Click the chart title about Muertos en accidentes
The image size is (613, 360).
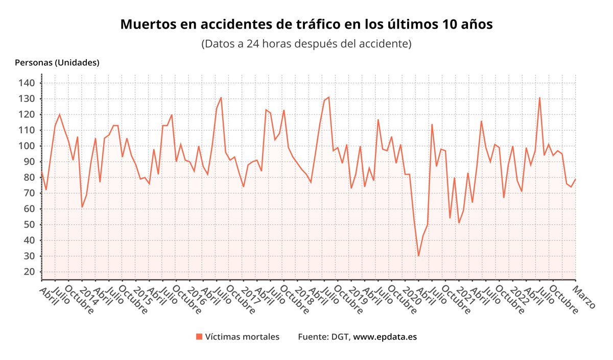coord(306,24)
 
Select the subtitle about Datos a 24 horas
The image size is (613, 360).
coord(306,43)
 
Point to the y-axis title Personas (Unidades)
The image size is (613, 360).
coord(57,63)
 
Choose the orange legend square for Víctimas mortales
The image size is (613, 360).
coord(199,337)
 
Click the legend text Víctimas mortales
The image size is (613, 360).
coord(242,337)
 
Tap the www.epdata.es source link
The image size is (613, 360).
coord(385,337)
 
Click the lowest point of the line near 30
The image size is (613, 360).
coord(418,256)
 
